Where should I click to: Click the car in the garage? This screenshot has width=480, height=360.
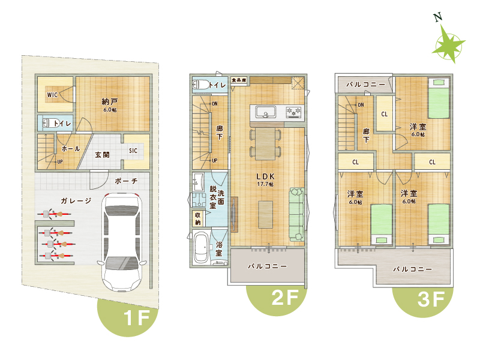[122, 242]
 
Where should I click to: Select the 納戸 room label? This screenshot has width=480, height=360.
[110, 101]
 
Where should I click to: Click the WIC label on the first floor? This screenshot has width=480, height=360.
[52, 95]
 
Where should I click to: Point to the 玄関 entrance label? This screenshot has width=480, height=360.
[102, 155]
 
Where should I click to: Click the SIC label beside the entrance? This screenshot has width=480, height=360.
[133, 151]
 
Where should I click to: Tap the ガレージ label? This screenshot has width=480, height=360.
[76, 201]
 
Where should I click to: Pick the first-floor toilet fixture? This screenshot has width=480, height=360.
[49, 123]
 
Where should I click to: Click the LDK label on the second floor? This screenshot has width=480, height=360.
[265, 176]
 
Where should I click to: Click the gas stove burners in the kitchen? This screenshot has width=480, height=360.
[294, 112]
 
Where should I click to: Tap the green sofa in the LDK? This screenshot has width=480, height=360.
[296, 215]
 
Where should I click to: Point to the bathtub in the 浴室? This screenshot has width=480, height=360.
[202, 247]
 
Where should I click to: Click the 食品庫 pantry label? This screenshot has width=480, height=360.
[239, 80]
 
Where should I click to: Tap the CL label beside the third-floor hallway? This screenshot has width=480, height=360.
[385, 114]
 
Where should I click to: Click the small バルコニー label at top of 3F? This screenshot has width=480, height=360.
[365, 84]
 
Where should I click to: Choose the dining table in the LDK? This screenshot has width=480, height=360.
[265, 144]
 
